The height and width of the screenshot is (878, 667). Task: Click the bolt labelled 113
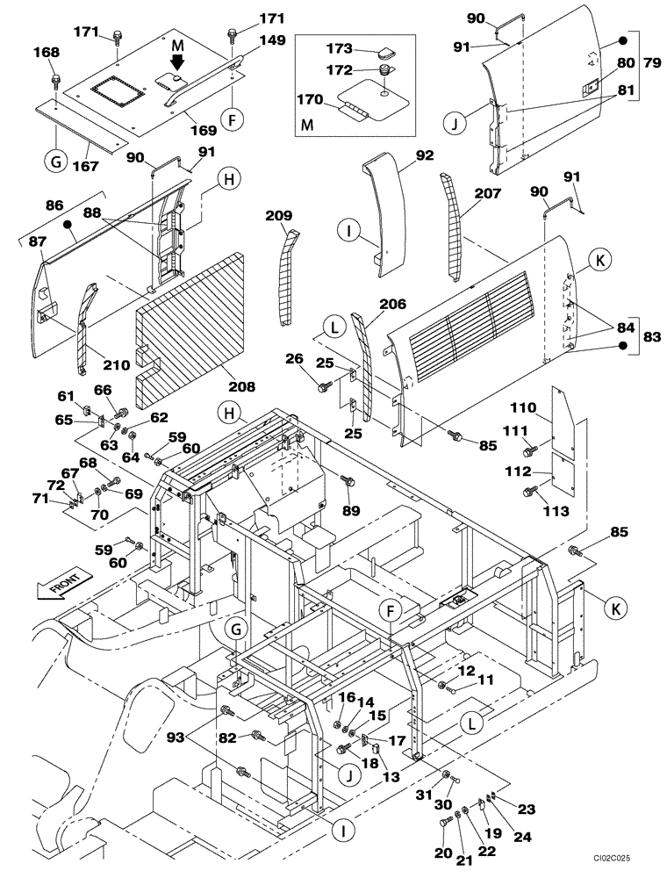tap(529, 492)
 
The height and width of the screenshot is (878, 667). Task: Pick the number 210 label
tap(117, 364)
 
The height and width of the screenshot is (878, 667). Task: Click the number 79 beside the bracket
tap(651, 65)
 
